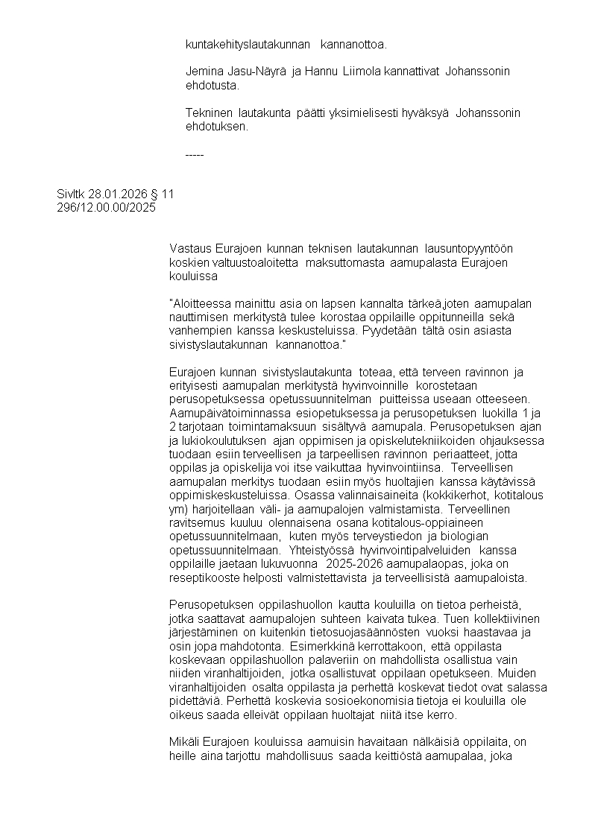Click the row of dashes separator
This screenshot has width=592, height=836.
click(195, 154)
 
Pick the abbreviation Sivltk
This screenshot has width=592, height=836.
click(71, 194)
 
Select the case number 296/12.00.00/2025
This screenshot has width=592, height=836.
click(106, 208)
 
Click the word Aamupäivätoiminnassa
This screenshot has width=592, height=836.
click(225, 414)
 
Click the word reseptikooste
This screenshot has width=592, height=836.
click(203, 578)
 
